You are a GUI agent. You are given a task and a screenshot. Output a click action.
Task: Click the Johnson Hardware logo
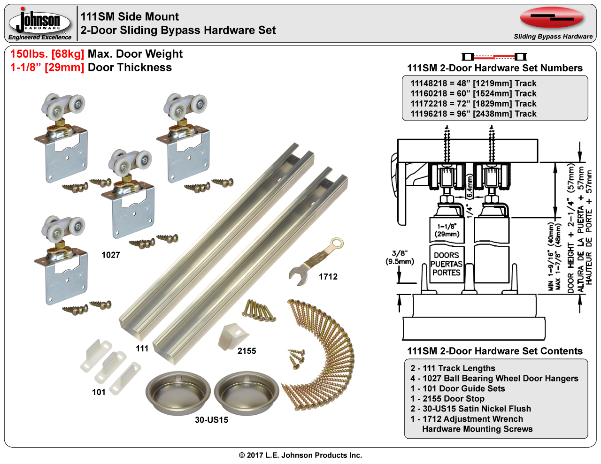40,23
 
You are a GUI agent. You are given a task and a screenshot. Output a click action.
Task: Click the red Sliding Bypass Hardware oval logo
552,18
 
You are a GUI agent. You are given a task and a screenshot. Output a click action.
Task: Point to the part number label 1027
111,255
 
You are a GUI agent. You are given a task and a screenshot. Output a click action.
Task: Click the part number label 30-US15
212,420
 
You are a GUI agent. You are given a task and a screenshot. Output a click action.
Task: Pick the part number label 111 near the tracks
142,349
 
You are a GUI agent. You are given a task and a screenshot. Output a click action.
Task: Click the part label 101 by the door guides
99,392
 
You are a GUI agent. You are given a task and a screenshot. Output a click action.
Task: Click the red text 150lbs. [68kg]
47,54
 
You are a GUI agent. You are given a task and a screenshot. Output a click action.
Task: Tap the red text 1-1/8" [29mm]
47,68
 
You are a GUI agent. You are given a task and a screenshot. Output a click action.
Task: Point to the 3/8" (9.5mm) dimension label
400,258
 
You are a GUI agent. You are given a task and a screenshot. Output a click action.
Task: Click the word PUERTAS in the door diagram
447,264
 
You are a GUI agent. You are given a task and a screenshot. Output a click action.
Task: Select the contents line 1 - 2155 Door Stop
447,399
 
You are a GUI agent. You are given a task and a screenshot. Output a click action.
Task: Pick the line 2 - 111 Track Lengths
453,368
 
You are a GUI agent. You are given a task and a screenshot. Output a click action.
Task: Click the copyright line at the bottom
300,455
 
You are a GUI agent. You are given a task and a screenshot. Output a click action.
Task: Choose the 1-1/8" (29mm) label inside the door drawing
447,230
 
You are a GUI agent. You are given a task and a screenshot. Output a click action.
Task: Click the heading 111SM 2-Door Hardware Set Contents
495,351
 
